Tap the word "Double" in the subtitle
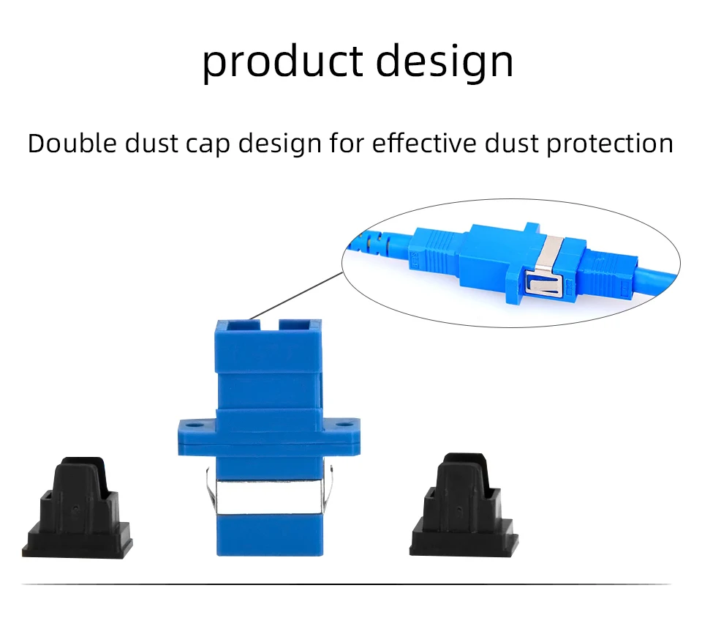click(72, 144)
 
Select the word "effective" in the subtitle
click(424, 144)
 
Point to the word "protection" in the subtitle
click(610, 145)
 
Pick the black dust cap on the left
click(77, 508)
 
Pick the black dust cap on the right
click(464, 506)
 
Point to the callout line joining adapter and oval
click(296, 295)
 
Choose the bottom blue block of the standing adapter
click(270, 536)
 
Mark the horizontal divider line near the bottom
click(346, 584)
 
